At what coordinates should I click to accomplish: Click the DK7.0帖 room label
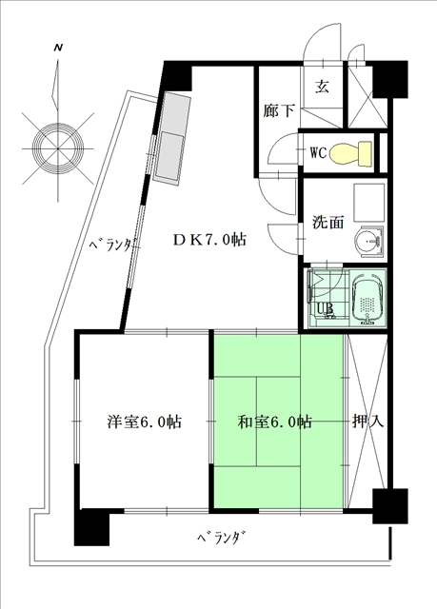pyautogui.click(x=209, y=240)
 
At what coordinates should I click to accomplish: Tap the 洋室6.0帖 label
pyautogui.click(x=145, y=422)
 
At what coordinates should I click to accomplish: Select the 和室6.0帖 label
pyautogui.click(x=274, y=422)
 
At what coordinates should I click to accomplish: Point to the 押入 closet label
pyautogui.click(x=367, y=421)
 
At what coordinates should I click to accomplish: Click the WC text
pyautogui.click(x=318, y=152)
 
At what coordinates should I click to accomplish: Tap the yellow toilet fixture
pyautogui.click(x=350, y=154)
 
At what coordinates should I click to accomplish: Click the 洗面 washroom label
pyautogui.click(x=328, y=222)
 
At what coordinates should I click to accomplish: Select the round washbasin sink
pyautogui.click(x=367, y=241)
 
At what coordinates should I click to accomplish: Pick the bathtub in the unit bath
pyautogui.click(x=367, y=298)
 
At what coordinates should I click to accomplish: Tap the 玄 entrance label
pyautogui.click(x=322, y=87)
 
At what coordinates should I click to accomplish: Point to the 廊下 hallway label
pyautogui.click(x=279, y=111)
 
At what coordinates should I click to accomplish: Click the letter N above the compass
pyautogui.click(x=58, y=48)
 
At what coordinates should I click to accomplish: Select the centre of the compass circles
pyautogui.click(x=57, y=148)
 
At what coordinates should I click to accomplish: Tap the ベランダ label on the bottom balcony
pyautogui.click(x=222, y=539)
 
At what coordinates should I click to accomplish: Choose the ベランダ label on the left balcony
pyautogui.click(x=113, y=245)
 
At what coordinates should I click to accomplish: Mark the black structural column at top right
pyautogui.click(x=390, y=79)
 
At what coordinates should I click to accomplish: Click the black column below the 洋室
pyautogui.click(x=92, y=527)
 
